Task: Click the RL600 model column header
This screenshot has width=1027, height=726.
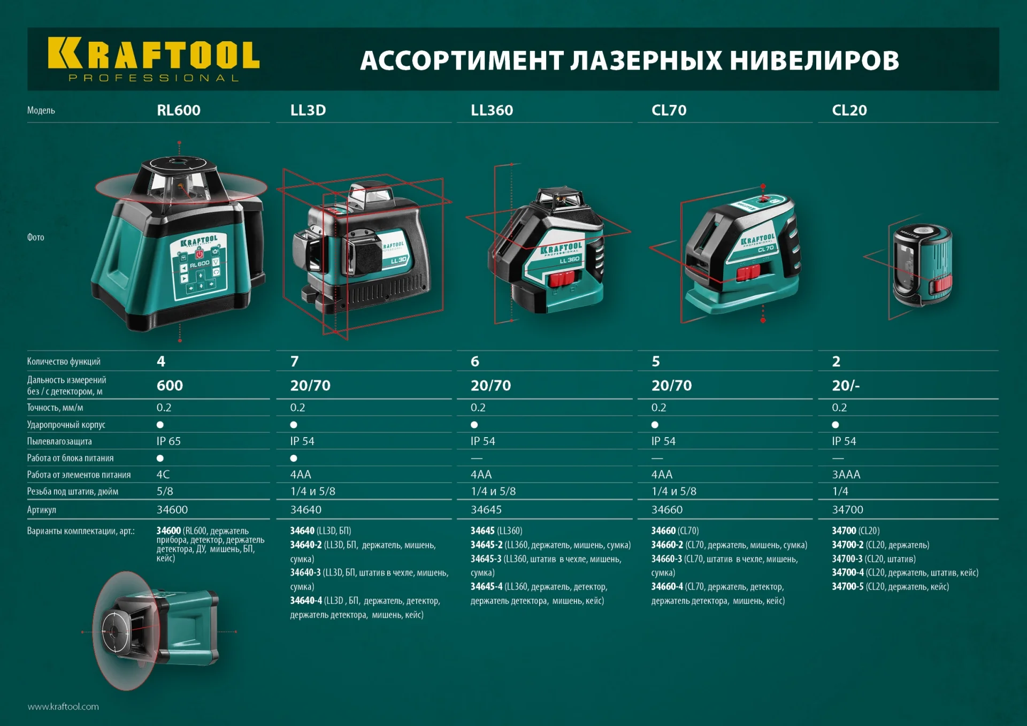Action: pos(178,110)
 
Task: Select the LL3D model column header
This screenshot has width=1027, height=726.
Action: pos(308,110)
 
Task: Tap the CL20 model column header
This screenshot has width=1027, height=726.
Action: pos(849,110)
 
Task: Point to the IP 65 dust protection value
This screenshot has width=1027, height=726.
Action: pos(168,441)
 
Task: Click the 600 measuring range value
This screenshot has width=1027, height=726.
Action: pos(170,386)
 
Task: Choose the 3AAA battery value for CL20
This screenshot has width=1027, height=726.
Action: pos(846,475)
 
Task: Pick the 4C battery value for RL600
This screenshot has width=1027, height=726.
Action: pos(163,475)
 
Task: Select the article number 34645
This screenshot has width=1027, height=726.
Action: pos(486,510)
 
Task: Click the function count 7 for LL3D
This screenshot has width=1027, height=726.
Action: pos(295,362)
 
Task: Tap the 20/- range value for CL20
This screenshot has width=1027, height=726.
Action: pos(846,386)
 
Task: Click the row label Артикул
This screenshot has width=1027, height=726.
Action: pos(42,510)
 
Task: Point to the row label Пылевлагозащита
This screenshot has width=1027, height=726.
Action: pos(59,441)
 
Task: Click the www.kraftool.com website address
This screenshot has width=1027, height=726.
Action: pos(63,707)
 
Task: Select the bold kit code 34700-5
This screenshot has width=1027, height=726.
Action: pos(847,587)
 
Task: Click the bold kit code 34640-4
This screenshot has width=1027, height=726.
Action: pos(306,601)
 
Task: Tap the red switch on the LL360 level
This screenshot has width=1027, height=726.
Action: pos(562,278)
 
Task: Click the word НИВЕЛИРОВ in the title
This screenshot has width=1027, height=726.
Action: pos(814,60)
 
